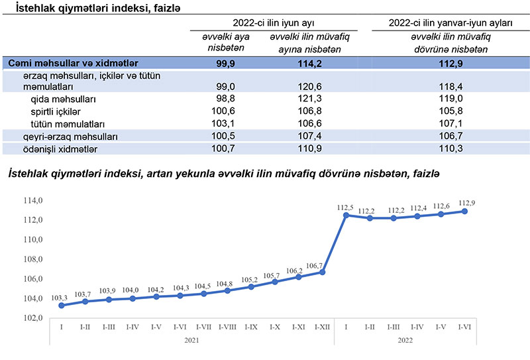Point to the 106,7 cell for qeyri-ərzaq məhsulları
coord(451,136)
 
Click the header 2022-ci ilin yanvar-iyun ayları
coord(451,22)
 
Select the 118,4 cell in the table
coord(451,86)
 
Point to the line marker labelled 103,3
coord(62,306)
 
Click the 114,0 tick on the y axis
coord(33,200)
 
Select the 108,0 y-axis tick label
coord(33,259)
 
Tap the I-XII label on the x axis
coord(323,328)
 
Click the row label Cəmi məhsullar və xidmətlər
coord(73,63)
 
